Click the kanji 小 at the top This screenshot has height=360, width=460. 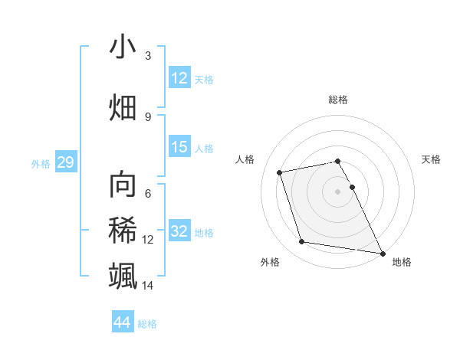pos(123,47)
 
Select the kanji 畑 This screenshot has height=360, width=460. pos(123,106)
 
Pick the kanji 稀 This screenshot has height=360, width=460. pos(123,231)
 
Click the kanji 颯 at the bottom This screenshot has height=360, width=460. pos(123,275)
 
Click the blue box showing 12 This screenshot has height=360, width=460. pos(179,78)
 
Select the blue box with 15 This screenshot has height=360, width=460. pos(179,147)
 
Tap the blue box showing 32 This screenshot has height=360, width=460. pos(179,231)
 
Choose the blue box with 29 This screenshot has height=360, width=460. pos(65,162)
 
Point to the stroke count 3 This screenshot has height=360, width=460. pos(148,56)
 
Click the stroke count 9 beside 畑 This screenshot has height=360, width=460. pos(148,116)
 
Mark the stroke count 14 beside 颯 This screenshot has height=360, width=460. pos(148,286)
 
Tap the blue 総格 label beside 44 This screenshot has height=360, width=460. pos(147,324)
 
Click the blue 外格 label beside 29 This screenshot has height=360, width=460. pos(41,163)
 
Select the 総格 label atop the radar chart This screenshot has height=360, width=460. pos(338,100)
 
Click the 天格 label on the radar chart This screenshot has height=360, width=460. pos(431,159)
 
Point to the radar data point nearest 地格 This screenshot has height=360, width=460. pos(382,252)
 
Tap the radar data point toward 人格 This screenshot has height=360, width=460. pos(281,172)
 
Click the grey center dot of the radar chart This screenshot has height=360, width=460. pos(337,191)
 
